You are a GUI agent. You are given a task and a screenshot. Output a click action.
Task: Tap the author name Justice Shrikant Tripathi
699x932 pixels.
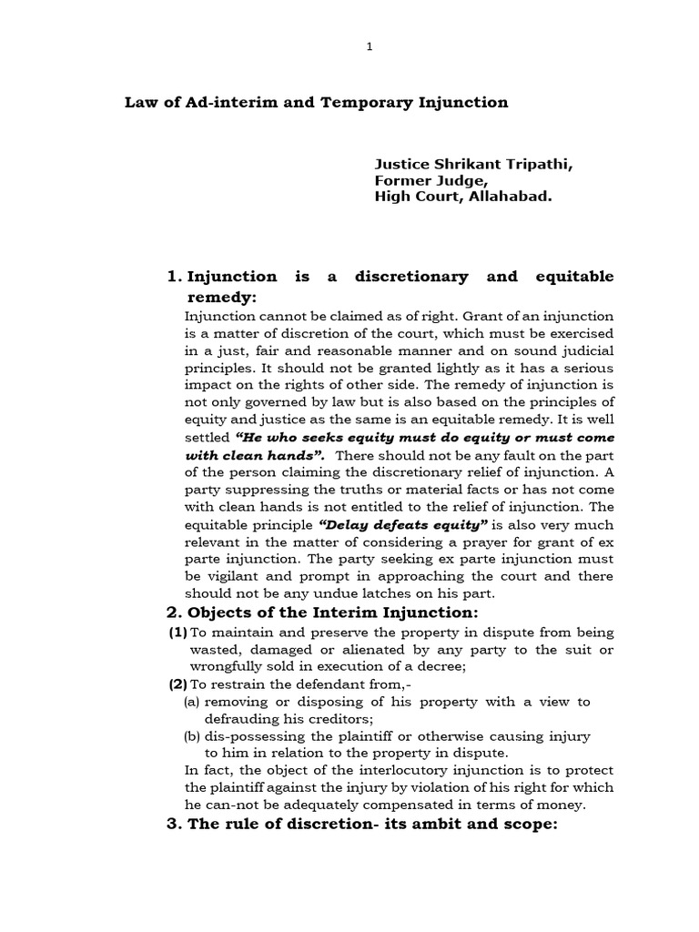click(474, 164)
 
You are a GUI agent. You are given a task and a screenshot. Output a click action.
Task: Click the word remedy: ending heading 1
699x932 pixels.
click(222, 298)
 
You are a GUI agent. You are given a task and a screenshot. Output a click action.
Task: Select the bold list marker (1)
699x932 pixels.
click(177, 632)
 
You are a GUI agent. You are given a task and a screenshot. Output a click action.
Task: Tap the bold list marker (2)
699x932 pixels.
click(177, 684)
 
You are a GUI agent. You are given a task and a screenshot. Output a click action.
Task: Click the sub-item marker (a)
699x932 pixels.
click(191, 701)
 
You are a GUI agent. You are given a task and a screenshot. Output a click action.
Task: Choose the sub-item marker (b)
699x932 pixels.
click(191, 735)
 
